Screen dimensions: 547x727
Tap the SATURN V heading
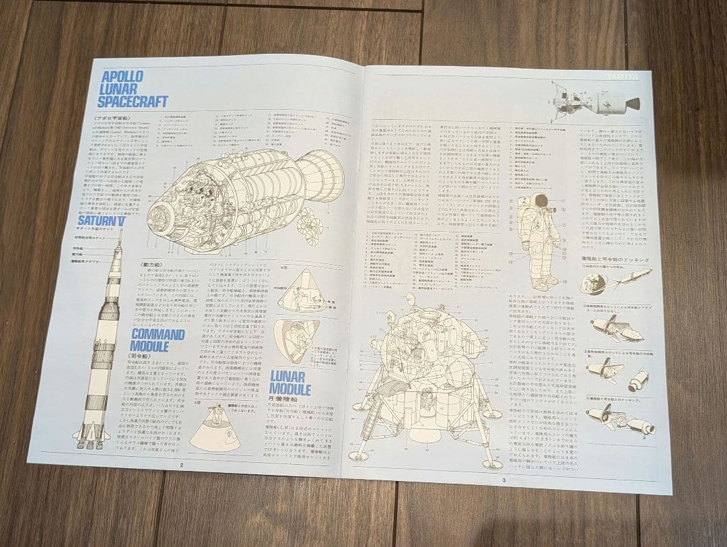click(101, 220)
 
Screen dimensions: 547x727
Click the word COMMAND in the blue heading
click(158, 334)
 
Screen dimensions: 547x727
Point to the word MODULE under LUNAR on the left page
click(290, 389)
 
